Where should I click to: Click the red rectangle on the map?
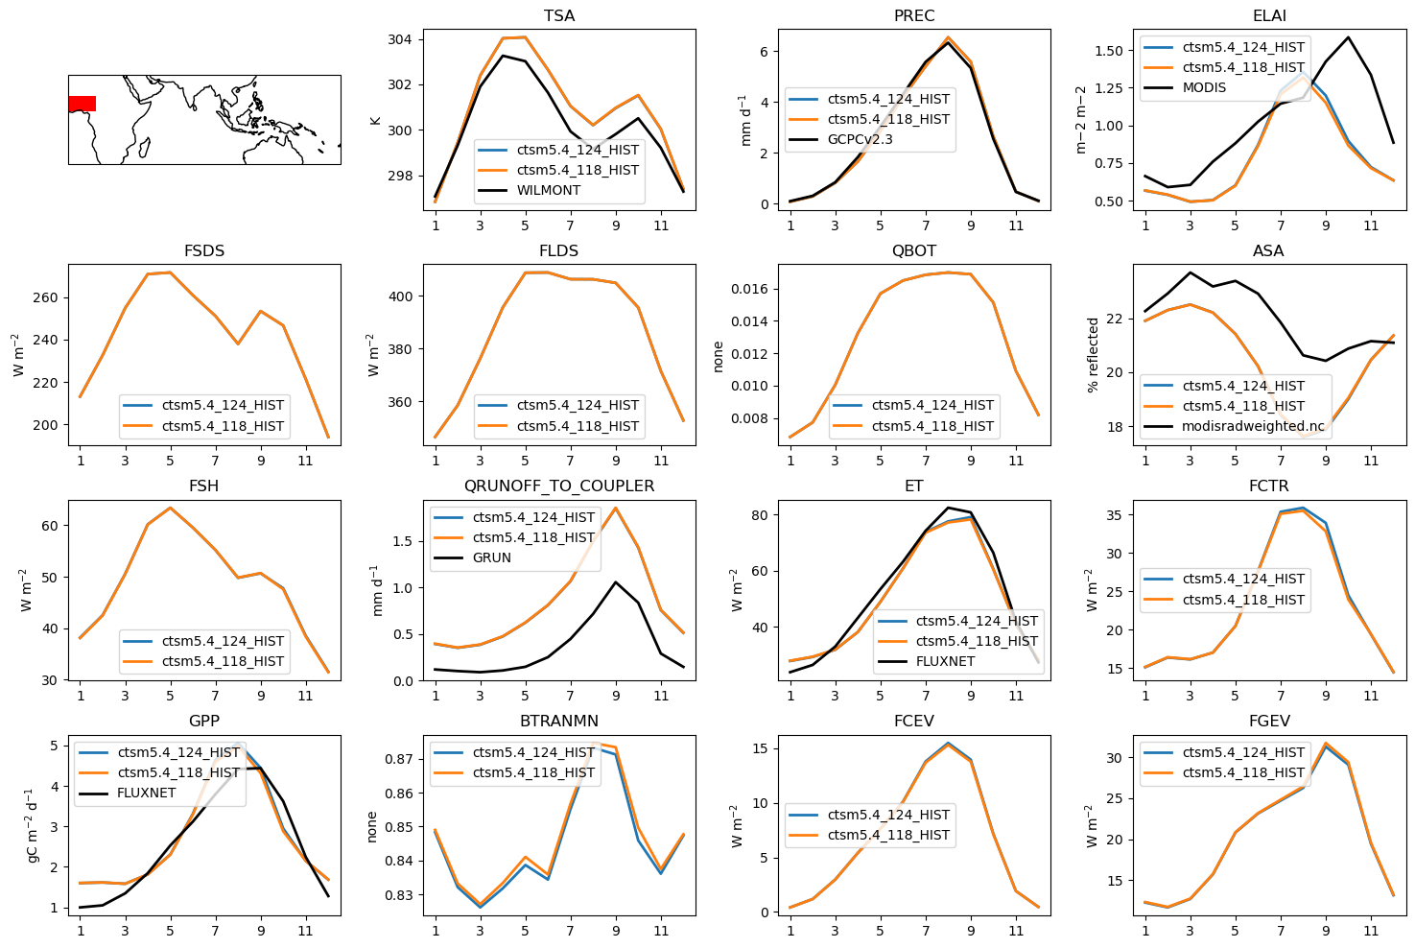[x=82, y=104]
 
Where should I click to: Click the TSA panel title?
[x=559, y=16]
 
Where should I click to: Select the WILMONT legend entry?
[x=548, y=190]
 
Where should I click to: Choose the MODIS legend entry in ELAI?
[x=1204, y=87]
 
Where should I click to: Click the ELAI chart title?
[x=1269, y=16]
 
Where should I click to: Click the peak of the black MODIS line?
[x=1348, y=37]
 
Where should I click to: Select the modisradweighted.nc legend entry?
[x=1253, y=426]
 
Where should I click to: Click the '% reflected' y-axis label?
[x=1093, y=355]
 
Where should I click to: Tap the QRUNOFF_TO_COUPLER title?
[x=559, y=486]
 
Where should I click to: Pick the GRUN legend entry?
[x=491, y=557]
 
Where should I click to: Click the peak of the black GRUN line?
[x=616, y=581]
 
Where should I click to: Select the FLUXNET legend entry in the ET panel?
[x=945, y=661]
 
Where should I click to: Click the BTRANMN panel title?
[x=559, y=722]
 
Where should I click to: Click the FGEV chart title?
[x=1269, y=722]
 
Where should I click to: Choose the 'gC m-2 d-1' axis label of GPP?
[x=32, y=825]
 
